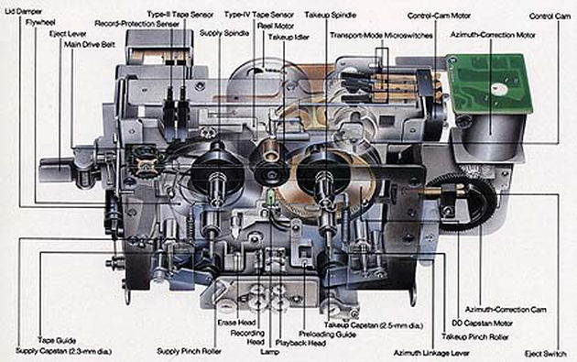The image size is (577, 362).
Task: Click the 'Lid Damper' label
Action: [23, 11]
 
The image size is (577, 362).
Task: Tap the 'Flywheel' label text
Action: [40, 23]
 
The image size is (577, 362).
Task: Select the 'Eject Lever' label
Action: [68, 34]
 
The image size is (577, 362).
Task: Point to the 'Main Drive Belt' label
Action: [90, 45]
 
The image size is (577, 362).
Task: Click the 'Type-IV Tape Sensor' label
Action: [259, 15]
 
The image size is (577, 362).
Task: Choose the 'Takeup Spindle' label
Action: [331, 15]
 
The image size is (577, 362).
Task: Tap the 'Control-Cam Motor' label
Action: [439, 16]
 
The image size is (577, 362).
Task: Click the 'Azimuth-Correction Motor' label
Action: [493, 35]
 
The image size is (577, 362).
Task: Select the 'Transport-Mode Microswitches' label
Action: [381, 36]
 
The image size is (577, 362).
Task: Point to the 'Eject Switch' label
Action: [545, 354]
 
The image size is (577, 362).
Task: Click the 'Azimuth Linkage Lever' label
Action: [431, 353]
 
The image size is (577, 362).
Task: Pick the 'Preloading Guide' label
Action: [327, 335]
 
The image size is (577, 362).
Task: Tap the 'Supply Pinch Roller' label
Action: [190, 351]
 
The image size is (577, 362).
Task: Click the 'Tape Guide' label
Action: [57, 340]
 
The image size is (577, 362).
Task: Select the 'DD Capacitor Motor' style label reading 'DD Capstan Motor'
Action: [482, 324]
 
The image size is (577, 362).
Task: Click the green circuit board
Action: [489, 83]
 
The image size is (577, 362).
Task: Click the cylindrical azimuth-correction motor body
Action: [491, 137]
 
